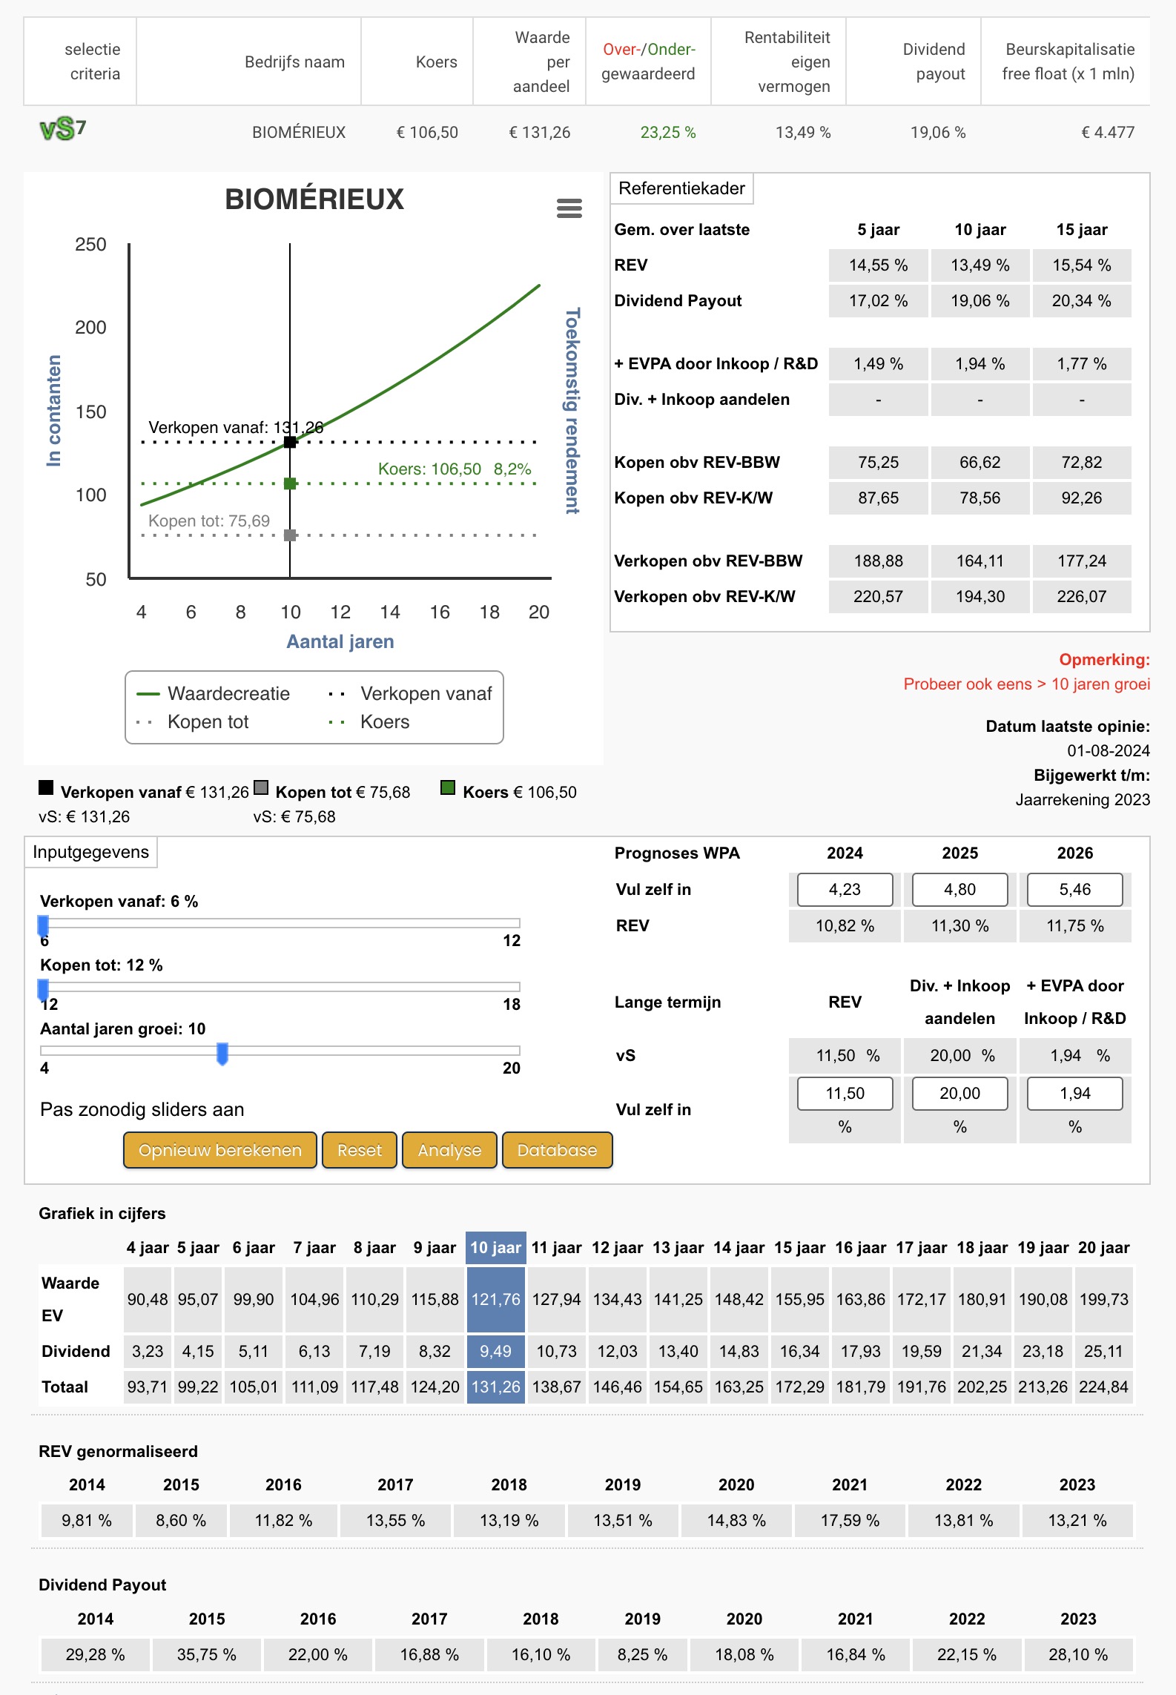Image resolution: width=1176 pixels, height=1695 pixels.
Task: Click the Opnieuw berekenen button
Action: click(220, 1150)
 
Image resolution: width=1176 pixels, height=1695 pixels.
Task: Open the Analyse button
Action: click(449, 1150)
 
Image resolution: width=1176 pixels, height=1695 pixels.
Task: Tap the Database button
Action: click(557, 1150)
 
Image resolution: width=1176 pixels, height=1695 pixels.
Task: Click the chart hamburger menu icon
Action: click(569, 208)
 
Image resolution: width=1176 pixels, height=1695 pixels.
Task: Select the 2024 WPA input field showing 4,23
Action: click(845, 890)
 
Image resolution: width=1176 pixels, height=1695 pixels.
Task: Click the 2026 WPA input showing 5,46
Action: click(1074, 890)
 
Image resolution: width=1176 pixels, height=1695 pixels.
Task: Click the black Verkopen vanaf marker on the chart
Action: click(290, 442)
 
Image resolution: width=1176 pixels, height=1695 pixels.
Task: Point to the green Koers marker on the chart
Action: click(290, 483)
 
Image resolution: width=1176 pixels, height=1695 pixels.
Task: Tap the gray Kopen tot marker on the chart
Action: click(290, 535)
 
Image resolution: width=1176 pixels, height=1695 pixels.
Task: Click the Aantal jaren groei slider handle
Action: click(222, 1054)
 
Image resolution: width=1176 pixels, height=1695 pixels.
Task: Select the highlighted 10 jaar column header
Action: click(496, 1248)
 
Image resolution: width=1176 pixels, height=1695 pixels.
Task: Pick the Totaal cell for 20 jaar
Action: click(1103, 1387)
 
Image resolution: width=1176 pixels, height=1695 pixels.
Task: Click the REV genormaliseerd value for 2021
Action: click(850, 1521)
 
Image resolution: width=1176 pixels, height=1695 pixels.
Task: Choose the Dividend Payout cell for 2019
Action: click(642, 1655)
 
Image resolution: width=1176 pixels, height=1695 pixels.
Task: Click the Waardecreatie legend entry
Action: click(214, 694)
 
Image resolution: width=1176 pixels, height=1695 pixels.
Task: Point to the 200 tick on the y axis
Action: click(90, 328)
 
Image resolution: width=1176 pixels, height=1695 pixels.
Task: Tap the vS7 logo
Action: click(63, 130)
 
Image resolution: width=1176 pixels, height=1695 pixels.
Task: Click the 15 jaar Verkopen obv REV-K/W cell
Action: click(1082, 597)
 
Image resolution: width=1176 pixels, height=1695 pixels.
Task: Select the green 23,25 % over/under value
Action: click(668, 133)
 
